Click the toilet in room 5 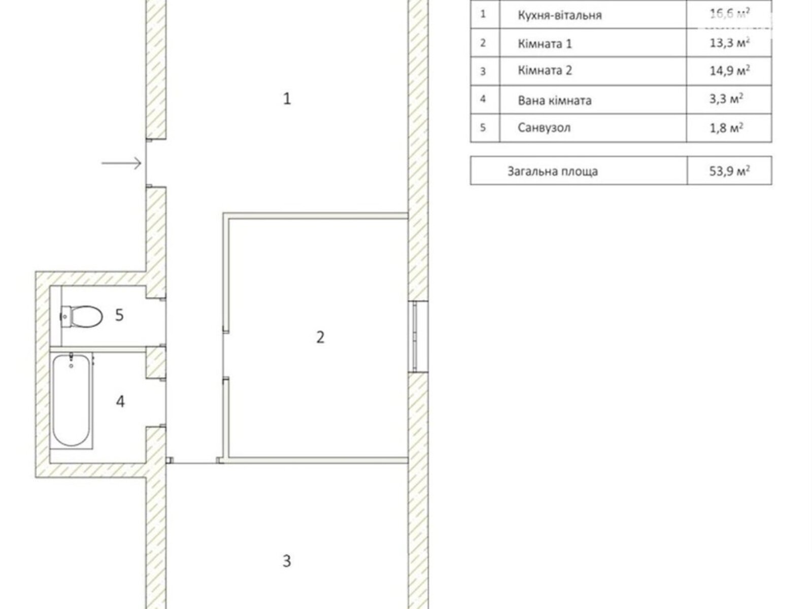pyautogui.click(x=81, y=317)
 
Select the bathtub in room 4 pyautogui.click(x=72, y=400)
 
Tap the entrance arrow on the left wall pyautogui.click(x=122, y=163)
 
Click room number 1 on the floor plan pyautogui.click(x=287, y=99)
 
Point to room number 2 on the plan pyautogui.click(x=320, y=337)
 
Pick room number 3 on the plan pyautogui.click(x=287, y=561)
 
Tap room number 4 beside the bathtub pyautogui.click(x=120, y=401)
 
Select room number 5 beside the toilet pyautogui.click(x=119, y=315)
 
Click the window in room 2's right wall pyautogui.click(x=419, y=336)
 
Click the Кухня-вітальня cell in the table pyautogui.click(x=560, y=15)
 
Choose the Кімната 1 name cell pyautogui.click(x=545, y=44)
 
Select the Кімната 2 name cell pyautogui.click(x=545, y=70)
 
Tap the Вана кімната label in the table pyautogui.click(x=555, y=100)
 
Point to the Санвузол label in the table pyautogui.click(x=544, y=127)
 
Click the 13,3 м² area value pyautogui.click(x=729, y=43)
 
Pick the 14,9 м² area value pyautogui.click(x=729, y=70)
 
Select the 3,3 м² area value pyautogui.click(x=726, y=99)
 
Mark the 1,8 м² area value pyautogui.click(x=726, y=127)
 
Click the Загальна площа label pyautogui.click(x=552, y=172)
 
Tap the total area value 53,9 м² pyautogui.click(x=729, y=171)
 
